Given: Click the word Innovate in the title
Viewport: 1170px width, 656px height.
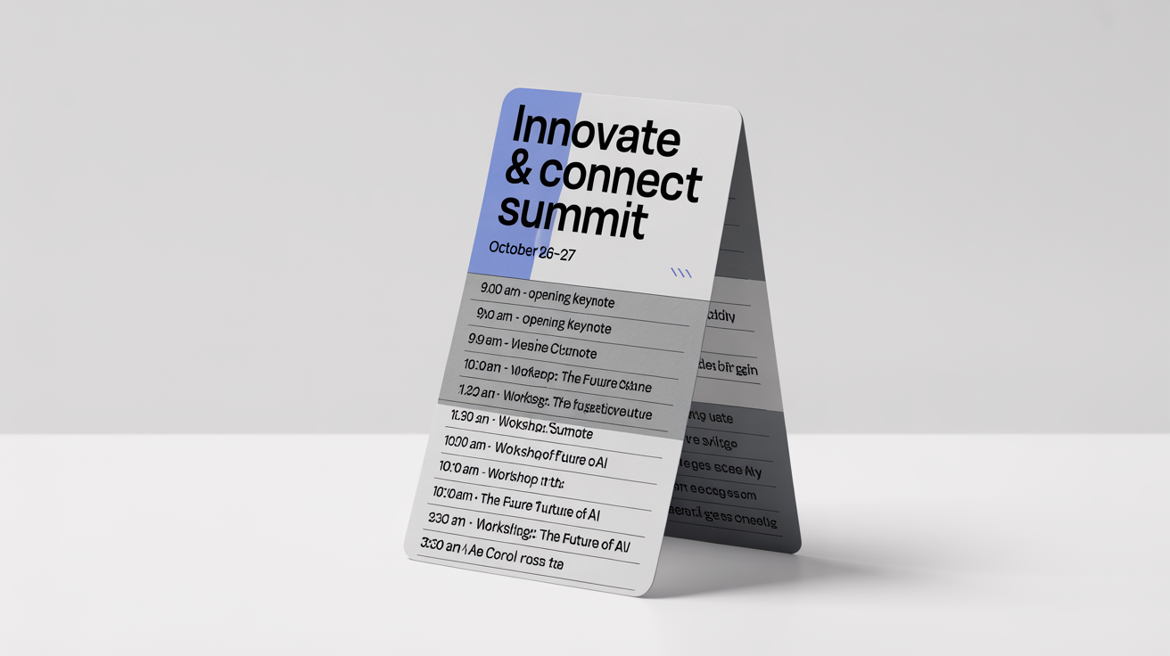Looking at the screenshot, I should pos(596,135).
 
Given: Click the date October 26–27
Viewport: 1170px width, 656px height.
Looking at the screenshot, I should pos(532,250).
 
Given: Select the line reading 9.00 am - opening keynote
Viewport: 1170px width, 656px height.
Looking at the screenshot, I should pos(547,295).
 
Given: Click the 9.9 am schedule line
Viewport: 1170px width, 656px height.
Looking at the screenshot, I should pos(531,346).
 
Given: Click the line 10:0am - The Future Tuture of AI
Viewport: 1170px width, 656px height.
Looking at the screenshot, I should pos(515,504).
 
